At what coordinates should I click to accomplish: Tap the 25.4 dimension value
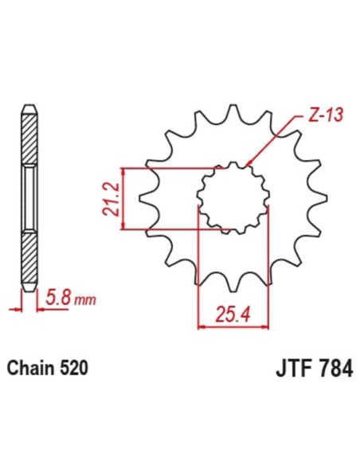tap(233, 313)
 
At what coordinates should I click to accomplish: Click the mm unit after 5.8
tap(85, 301)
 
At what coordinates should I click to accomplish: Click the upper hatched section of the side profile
tap(29, 140)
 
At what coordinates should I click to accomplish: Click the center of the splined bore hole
tap(233, 198)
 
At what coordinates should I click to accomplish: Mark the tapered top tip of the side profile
tap(29, 109)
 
